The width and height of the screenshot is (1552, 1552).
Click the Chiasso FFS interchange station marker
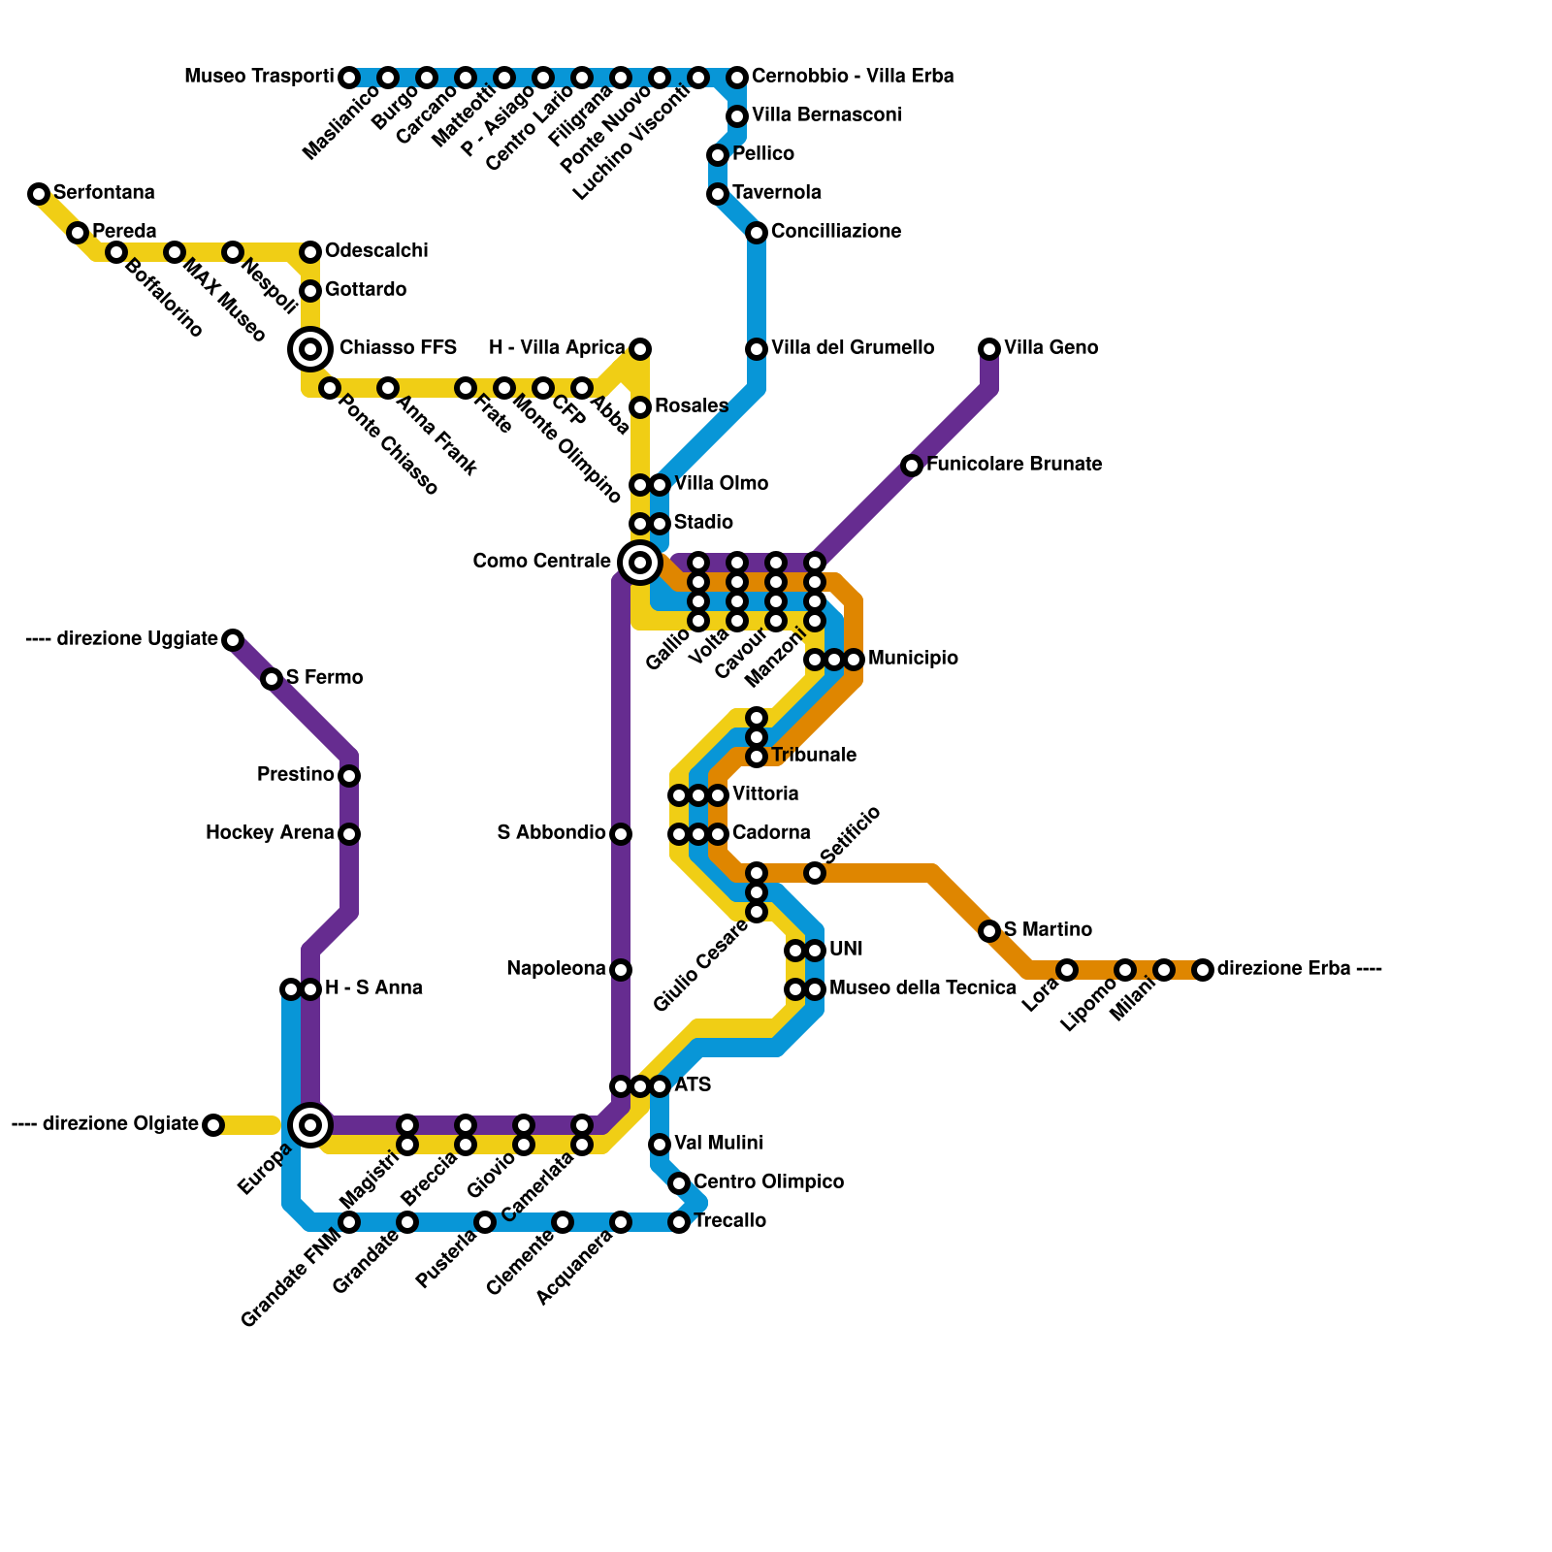310,349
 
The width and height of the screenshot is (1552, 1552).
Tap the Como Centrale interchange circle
640,562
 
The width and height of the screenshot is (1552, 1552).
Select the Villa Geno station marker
989,349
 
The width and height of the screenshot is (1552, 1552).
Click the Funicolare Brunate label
1014,465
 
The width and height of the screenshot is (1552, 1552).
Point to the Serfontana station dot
39,194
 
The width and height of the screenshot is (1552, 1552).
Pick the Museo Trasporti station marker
349,78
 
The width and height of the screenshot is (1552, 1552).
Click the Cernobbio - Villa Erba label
853,77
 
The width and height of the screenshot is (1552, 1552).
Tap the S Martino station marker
989,931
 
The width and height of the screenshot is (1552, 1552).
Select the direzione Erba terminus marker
1203,970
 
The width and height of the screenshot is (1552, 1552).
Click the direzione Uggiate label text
137,639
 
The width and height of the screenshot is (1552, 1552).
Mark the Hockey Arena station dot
349,834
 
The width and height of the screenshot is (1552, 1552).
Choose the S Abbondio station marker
621,834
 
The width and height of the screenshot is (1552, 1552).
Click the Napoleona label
556,969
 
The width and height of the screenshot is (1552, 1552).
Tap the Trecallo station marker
679,1222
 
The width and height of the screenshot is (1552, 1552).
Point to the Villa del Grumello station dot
757,349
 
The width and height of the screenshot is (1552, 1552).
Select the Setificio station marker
815,873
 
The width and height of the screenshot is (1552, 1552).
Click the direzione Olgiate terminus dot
213,1125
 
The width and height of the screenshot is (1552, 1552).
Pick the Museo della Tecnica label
922,988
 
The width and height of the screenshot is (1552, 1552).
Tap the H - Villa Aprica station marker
640,349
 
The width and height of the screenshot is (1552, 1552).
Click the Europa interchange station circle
310,1125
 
